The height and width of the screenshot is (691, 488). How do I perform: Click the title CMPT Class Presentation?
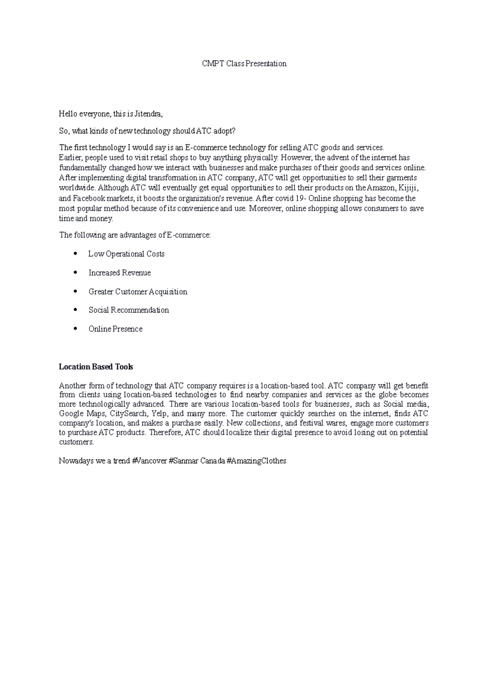[x=244, y=63]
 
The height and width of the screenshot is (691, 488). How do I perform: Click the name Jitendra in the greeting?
[x=149, y=114]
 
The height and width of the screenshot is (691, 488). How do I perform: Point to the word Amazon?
[x=380, y=188]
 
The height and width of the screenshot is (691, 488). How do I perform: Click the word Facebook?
[x=89, y=199]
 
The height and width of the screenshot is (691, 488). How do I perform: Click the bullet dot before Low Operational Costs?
[x=75, y=254]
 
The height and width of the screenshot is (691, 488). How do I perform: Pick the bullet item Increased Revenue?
[x=120, y=273]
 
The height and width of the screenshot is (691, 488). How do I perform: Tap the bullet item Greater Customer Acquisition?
[x=138, y=292]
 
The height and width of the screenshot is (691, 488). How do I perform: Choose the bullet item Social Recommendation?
[x=129, y=310]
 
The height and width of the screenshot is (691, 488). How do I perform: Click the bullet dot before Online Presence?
[x=75, y=329]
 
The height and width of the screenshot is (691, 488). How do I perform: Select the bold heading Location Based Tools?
[x=96, y=367]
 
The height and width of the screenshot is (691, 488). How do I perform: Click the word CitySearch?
[x=128, y=414]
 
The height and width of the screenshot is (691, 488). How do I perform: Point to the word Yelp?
[x=158, y=414]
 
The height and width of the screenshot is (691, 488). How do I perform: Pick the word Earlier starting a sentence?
[x=71, y=157]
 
